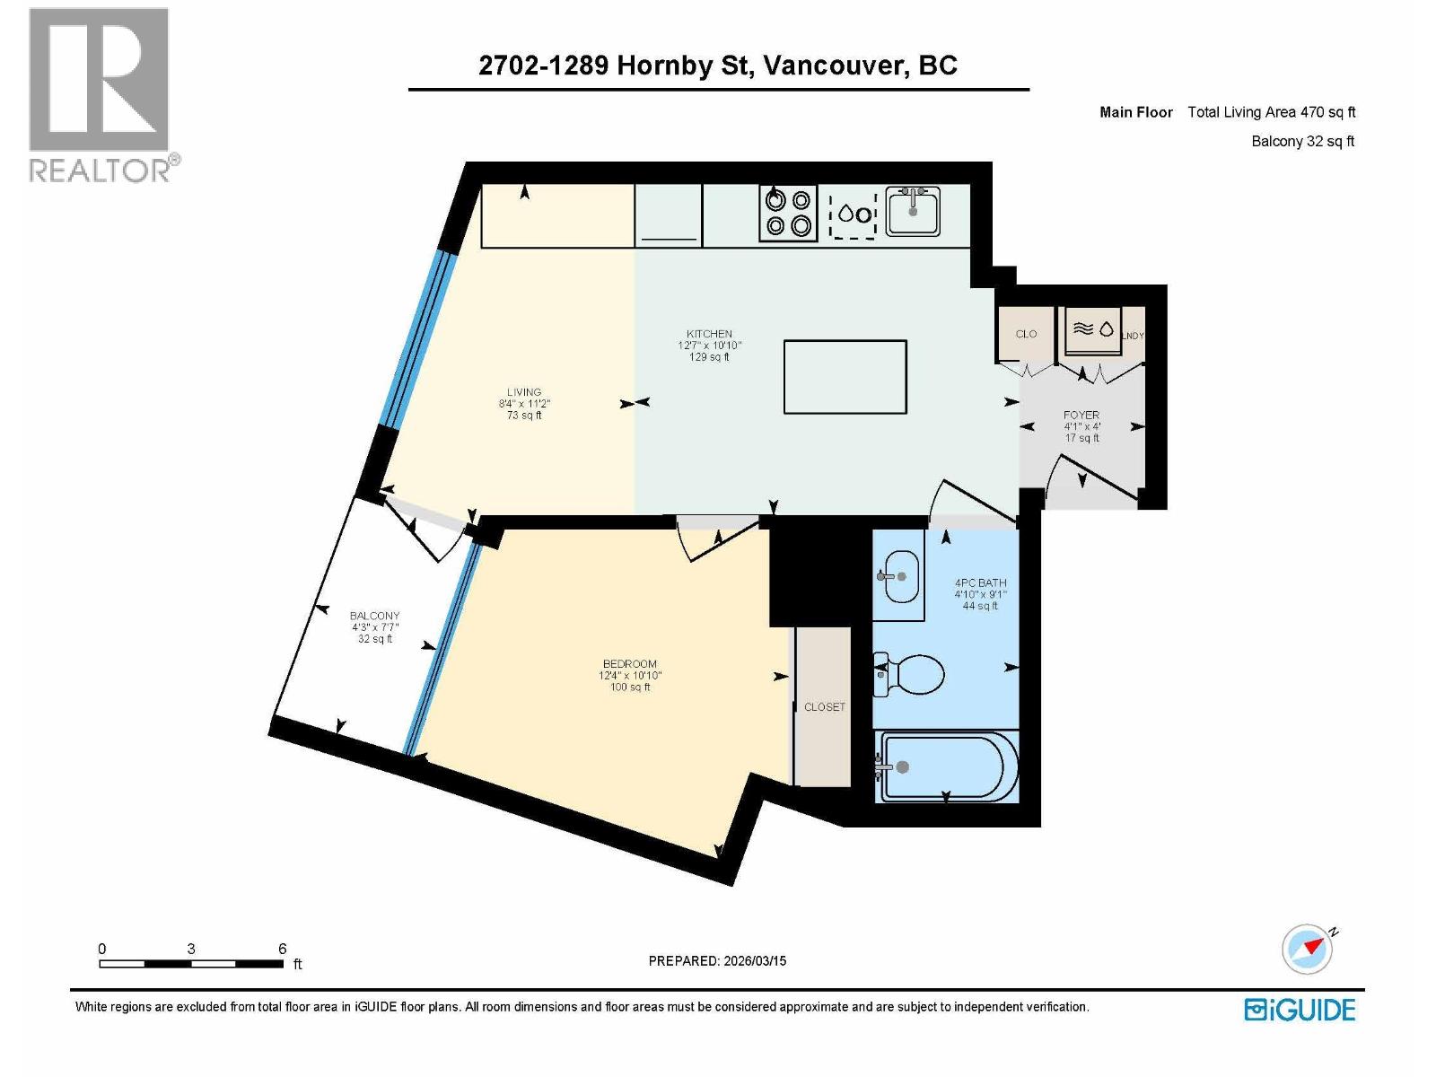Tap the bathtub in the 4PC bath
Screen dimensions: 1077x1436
point(948,767)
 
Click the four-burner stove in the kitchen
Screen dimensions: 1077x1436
point(788,214)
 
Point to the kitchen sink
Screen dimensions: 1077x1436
point(913,212)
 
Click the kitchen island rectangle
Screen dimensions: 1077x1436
point(845,377)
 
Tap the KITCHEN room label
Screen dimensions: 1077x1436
point(709,334)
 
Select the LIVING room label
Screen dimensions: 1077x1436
point(524,392)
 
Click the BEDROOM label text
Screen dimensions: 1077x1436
point(629,664)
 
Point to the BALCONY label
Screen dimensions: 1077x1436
point(374,616)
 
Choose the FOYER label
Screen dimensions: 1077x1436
point(1081,416)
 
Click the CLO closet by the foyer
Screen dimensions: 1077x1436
point(1026,334)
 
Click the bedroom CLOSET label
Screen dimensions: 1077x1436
point(824,707)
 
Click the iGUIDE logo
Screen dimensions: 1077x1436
point(1300,1010)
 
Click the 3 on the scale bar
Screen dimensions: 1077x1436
point(191,949)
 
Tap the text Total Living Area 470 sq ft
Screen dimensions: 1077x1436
point(1271,112)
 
